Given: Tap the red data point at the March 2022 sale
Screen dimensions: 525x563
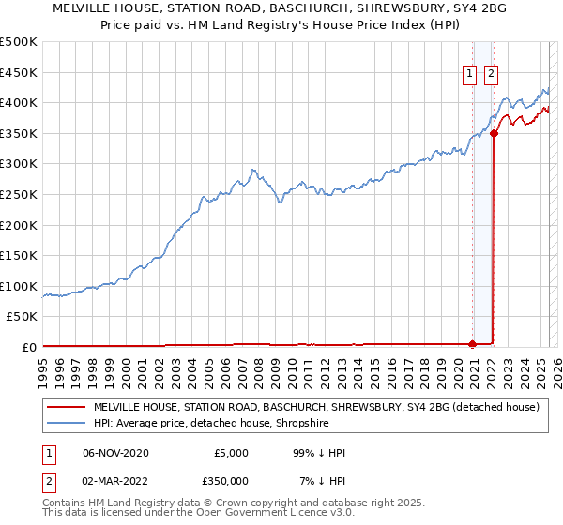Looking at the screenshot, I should [x=494, y=133].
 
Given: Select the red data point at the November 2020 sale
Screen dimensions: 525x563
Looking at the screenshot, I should [x=472, y=343].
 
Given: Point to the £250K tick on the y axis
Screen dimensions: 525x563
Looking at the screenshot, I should [x=19, y=194].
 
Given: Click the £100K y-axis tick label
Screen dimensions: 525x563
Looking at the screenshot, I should [x=19, y=286].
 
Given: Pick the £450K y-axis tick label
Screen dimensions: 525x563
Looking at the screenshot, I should [x=19, y=72].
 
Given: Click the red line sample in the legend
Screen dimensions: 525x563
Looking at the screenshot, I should [x=65, y=407].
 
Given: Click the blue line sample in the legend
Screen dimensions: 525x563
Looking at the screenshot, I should [x=65, y=423].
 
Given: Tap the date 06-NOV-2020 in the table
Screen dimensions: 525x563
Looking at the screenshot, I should [x=115, y=453].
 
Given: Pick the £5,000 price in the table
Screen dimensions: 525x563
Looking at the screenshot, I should [x=231, y=453].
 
